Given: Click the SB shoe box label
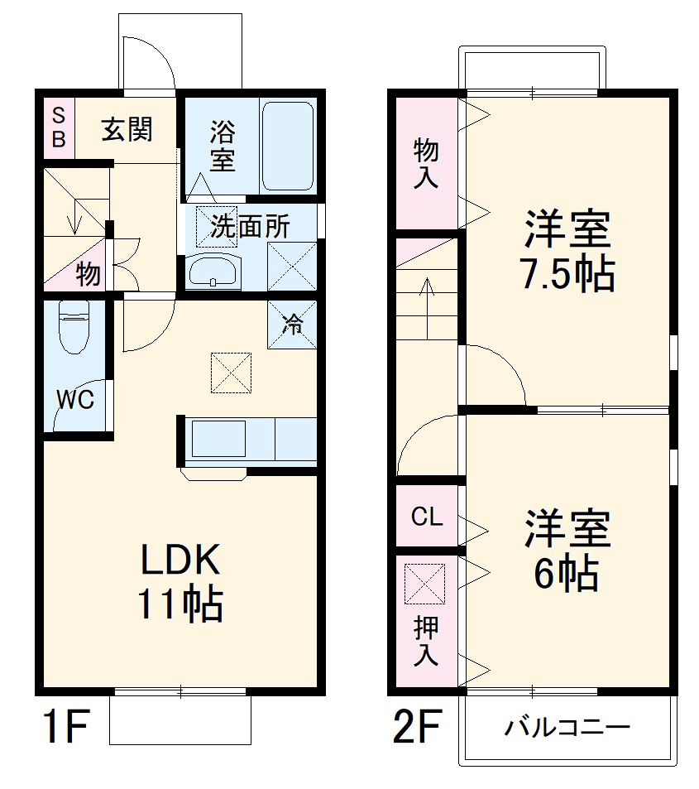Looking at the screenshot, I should [x=58, y=127].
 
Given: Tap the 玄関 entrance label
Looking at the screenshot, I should [x=127, y=129].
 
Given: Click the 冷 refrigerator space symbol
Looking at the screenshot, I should [x=291, y=324].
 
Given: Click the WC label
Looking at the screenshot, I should [x=74, y=399].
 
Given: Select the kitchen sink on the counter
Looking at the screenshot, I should [x=218, y=439].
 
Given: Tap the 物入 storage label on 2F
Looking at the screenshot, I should [x=425, y=163].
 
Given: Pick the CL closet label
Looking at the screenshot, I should [x=427, y=517].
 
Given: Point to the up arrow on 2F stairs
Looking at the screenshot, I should [x=427, y=306].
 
